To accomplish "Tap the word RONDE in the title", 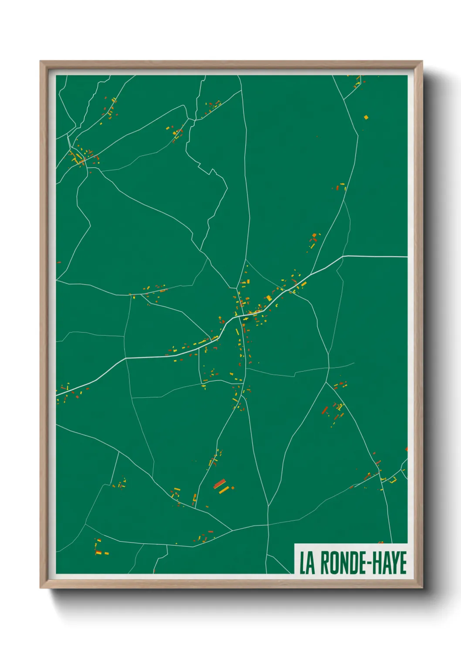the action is point(342,563).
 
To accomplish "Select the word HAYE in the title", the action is point(390,563).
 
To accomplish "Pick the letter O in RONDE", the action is point(332,563).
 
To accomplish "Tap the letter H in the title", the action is point(377,563).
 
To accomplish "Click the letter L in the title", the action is point(302,563).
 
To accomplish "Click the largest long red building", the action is point(220,483).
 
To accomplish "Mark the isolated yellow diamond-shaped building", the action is point(366,117).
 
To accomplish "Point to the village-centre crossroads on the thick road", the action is point(240,316).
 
